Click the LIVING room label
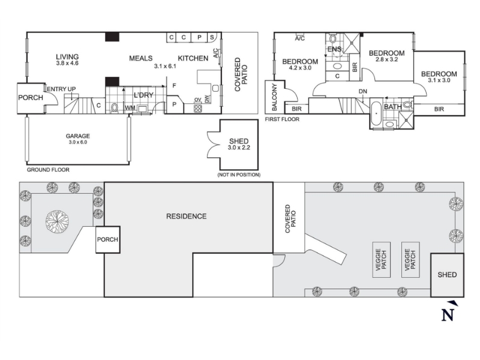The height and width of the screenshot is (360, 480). click(x=67, y=56)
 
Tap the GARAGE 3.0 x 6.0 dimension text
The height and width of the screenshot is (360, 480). click(x=78, y=142)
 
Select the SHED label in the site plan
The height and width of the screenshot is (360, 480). click(x=447, y=275)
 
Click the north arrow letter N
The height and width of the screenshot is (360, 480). click(x=447, y=315)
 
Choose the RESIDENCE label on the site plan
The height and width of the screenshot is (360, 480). click(x=186, y=217)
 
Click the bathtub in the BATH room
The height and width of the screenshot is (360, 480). click(x=376, y=114)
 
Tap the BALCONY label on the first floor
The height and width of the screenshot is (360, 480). click(x=274, y=97)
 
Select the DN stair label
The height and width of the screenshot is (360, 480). click(x=363, y=91)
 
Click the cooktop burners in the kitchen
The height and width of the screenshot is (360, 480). click(x=198, y=108)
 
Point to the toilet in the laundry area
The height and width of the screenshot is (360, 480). click(x=114, y=108)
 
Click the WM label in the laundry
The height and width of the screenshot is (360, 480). click(x=130, y=108)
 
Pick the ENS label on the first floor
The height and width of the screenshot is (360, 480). click(x=334, y=49)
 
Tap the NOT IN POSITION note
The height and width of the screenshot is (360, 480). click(x=239, y=175)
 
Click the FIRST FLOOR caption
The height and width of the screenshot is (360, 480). click(x=282, y=119)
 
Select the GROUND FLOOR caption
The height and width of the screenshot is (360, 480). click(x=48, y=170)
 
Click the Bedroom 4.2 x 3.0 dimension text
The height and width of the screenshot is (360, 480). click(x=300, y=68)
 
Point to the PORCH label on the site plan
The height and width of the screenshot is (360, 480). click(x=107, y=239)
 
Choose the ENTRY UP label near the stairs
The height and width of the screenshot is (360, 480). click(x=61, y=89)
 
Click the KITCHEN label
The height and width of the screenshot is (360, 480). click(x=193, y=58)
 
